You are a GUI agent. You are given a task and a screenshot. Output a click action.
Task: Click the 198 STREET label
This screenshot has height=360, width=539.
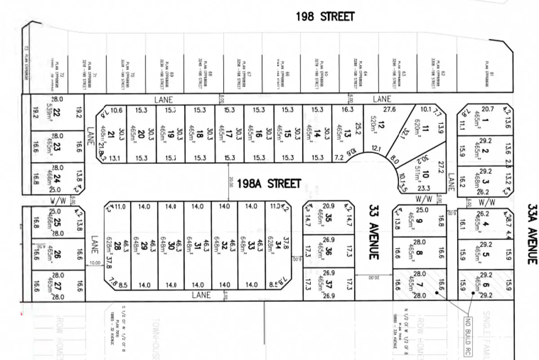325,17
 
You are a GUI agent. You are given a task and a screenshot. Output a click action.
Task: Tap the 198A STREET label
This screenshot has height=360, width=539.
269,184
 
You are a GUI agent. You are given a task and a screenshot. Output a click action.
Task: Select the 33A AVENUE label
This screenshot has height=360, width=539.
532,234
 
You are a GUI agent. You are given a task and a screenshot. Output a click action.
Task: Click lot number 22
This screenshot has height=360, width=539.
57,113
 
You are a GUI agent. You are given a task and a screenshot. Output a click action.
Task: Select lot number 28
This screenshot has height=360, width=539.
117,245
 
